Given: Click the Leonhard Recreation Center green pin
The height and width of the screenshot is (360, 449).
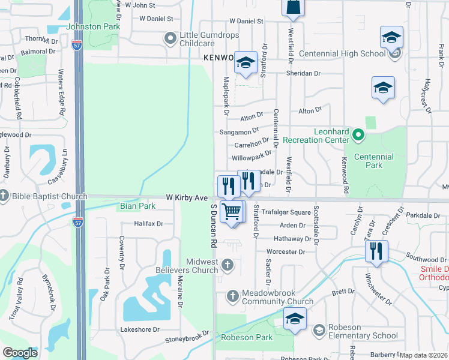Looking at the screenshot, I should point(358,135).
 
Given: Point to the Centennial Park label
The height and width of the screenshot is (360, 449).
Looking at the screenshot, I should point(373,161).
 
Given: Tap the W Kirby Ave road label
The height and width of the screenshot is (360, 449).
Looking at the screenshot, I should point(187,197).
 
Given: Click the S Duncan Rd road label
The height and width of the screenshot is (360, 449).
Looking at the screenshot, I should point(213,226).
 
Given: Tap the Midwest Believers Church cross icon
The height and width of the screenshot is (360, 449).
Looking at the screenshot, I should point(228,264).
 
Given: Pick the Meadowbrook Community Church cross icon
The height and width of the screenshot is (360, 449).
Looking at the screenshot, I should point(233,296).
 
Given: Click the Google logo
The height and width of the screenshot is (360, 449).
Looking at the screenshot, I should point(20,352).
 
